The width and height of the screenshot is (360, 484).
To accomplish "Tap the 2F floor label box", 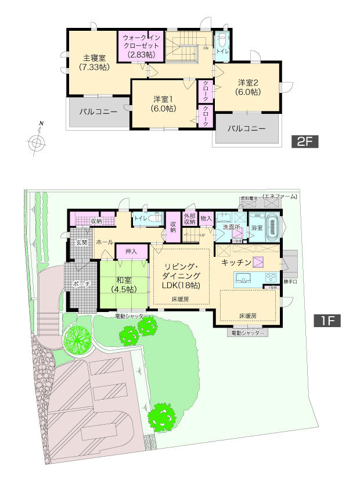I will pyautogui.click(x=305, y=141).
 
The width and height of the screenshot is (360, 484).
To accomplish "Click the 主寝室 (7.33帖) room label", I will pyautogui.click(x=93, y=62).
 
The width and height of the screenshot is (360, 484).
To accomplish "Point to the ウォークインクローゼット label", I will pyautogui.click(x=142, y=45).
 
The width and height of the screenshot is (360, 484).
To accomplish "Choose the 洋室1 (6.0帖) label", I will pyautogui.click(x=163, y=103).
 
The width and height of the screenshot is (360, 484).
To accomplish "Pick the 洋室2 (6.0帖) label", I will pyautogui.click(x=248, y=87).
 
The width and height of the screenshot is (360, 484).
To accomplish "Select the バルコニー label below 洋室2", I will pyautogui.click(x=246, y=128).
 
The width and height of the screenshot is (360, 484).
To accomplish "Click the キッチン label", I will pyautogui.click(x=236, y=263).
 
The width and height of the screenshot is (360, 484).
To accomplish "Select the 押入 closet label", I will pyautogui.click(x=131, y=252).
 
